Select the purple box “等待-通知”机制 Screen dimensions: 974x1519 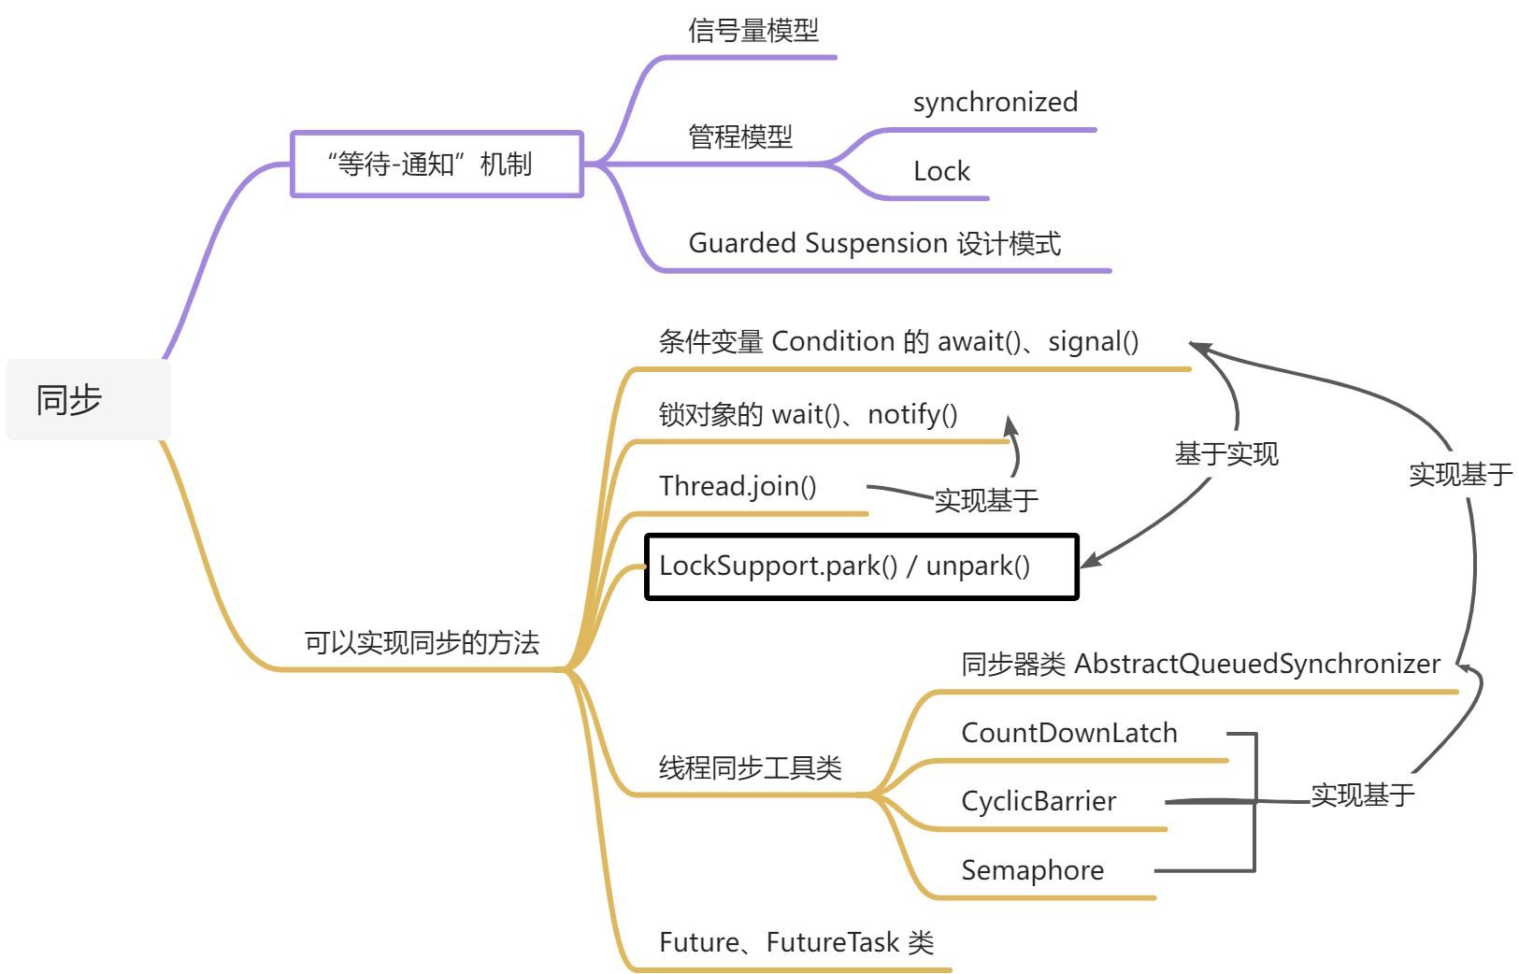coord(437,165)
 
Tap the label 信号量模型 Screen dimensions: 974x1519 coord(753,31)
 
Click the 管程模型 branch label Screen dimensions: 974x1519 coord(740,137)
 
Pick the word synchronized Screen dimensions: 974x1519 coord(995,102)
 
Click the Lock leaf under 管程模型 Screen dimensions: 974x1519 coord(941,171)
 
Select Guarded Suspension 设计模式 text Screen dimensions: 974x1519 coord(874,244)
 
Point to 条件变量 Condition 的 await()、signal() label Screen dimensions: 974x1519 coord(898,342)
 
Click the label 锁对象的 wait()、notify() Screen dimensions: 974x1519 coord(808,414)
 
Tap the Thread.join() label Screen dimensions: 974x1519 coord(738,486)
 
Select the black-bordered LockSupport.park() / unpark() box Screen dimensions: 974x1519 coord(861,566)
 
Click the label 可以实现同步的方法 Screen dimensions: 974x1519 coord(422,643)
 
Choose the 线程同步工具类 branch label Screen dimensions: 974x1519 coord(750,768)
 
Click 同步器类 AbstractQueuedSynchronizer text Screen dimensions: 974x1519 coord(1200,665)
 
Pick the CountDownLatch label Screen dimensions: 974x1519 coord(1068,733)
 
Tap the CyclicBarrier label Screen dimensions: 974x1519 coord(1038,801)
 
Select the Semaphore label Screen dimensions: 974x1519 coord(1032,870)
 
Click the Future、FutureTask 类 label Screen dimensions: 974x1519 coord(796,942)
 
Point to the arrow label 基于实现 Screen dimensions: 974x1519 coord(1225,455)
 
